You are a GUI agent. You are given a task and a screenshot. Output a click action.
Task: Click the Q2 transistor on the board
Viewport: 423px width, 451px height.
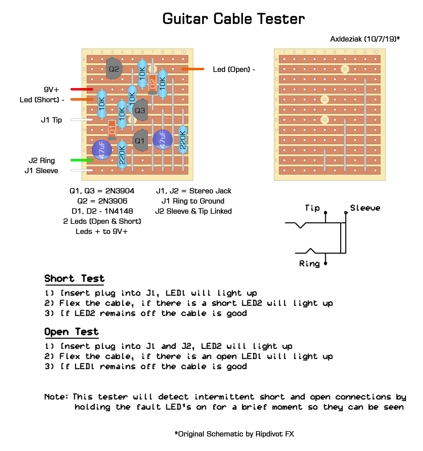(114, 69)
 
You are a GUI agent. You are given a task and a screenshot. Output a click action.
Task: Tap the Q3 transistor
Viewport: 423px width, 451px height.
(140, 110)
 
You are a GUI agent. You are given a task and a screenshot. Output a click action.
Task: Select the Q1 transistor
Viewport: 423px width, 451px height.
(140, 141)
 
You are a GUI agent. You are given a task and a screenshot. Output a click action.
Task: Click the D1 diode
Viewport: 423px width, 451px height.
(112, 130)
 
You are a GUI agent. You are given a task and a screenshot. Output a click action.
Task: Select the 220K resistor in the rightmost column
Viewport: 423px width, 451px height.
(183, 140)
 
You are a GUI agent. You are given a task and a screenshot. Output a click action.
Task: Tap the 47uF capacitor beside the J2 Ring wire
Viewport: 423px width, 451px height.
(102, 150)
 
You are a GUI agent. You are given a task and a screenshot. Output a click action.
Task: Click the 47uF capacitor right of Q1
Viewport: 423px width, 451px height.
(163, 139)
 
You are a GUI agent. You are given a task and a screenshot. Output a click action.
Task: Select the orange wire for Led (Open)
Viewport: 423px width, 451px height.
(193, 69)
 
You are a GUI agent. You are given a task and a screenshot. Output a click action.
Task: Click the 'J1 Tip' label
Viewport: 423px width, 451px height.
(52, 120)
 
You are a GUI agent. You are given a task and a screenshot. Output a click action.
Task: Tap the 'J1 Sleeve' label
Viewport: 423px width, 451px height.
(41, 170)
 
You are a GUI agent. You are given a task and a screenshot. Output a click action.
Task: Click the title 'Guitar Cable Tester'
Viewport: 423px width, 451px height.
(233, 19)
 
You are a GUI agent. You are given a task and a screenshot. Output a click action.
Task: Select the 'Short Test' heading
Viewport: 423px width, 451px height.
(75, 278)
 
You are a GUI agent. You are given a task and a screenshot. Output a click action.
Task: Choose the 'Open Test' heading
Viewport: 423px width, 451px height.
(72, 332)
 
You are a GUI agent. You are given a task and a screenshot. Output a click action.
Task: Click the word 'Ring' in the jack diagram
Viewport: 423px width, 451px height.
(309, 264)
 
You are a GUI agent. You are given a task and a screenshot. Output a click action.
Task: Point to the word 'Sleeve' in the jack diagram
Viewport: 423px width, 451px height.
(365, 208)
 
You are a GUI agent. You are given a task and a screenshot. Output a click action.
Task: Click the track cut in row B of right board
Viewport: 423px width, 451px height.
(345, 69)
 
